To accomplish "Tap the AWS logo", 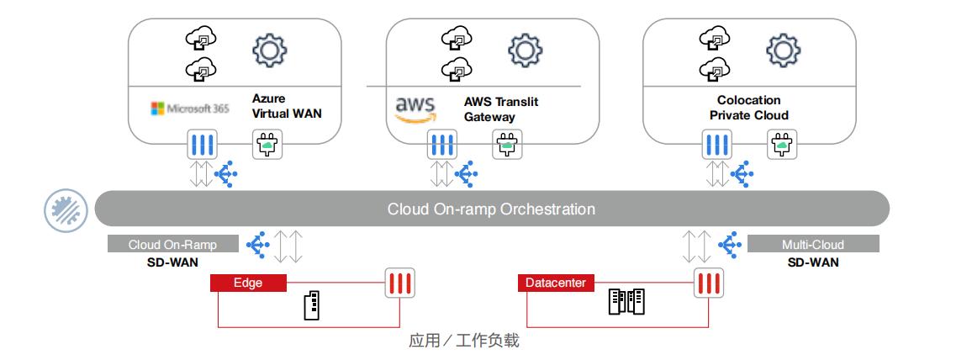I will (x=415, y=109).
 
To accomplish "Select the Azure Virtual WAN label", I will (x=287, y=106).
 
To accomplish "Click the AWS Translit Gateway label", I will (x=501, y=109).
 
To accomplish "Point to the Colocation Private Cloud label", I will (x=748, y=108).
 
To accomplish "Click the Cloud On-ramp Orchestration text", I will (x=491, y=209).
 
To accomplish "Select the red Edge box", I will (x=248, y=283).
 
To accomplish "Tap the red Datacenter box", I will (x=556, y=283).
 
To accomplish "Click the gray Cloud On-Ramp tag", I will (x=172, y=245).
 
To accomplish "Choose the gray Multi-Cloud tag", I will (x=813, y=245).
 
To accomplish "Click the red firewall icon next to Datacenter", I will (x=709, y=283).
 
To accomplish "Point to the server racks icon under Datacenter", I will (x=626, y=303).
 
